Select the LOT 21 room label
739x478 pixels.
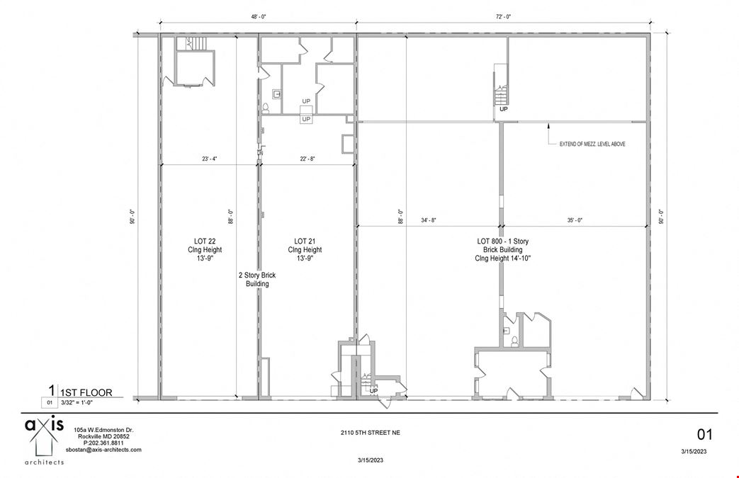pos(305,250)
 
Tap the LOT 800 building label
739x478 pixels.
pos(502,250)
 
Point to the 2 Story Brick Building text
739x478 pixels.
pos(257,279)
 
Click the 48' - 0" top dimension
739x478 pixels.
pos(257,16)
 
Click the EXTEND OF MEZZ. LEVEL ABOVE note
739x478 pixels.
pos(592,144)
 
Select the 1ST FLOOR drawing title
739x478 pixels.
pos(83,392)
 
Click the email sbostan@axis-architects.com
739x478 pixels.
pos(103,450)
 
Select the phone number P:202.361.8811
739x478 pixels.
pos(103,443)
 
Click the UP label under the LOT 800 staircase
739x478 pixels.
pos(503,110)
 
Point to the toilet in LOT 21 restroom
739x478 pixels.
pos(266,108)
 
